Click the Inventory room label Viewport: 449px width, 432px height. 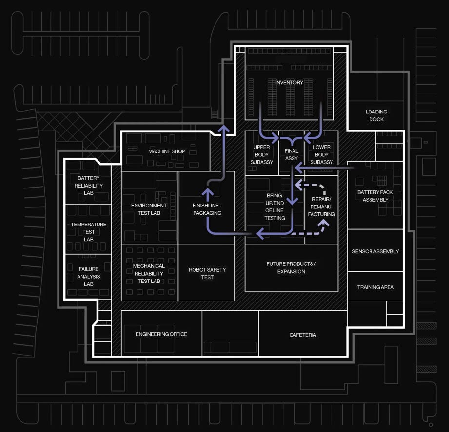289,83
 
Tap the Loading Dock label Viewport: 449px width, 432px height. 376,115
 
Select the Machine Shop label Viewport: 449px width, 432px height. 167,151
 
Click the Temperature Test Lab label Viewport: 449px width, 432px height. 88,232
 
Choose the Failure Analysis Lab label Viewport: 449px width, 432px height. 88,277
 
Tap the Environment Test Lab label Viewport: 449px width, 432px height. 149,209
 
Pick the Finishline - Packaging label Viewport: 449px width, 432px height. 207,209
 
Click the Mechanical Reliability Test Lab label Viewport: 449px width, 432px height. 149,273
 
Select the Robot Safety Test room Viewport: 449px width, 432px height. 207,273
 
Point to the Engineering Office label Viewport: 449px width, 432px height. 161,334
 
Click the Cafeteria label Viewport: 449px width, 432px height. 303,335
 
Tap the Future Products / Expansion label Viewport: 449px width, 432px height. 291,267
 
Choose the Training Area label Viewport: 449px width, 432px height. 375,287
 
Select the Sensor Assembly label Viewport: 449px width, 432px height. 375,251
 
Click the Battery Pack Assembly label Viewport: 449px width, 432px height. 375,196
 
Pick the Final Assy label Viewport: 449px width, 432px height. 292,154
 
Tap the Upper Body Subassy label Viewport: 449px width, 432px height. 262,154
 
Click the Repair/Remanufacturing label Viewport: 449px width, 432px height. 322,207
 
